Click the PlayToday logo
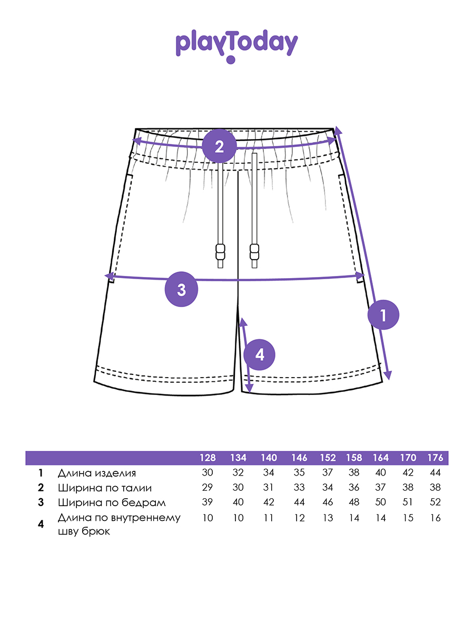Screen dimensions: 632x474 pyautogui.click(x=236, y=45)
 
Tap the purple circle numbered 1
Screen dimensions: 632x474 pyautogui.click(x=383, y=315)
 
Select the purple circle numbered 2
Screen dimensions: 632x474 pyautogui.click(x=219, y=146)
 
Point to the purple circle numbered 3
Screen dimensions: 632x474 pyautogui.click(x=182, y=290)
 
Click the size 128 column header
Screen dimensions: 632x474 pyautogui.click(x=208, y=458)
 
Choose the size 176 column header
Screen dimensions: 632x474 pyautogui.click(x=435, y=458)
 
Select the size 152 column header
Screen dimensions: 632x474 pyautogui.click(x=328, y=458)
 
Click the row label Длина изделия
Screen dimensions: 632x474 pyautogui.click(x=97, y=473)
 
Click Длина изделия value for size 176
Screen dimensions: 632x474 pyautogui.click(x=435, y=473)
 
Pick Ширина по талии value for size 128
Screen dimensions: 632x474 pyautogui.click(x=208, y=488)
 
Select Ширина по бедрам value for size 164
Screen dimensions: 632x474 pyautogui.click(x=380, y=502)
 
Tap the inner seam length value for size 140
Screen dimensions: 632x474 pyautogui.click(x=269, y=518)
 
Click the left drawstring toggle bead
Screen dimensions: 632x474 pyautogui.click(x=220, y=252)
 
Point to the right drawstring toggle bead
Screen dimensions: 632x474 pyautogui.click(x=255, y=252)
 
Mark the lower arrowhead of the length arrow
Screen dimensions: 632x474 pyautogui.click(x=388, y=376)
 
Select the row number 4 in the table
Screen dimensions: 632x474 pyautogui.click(x=41, y=524)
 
